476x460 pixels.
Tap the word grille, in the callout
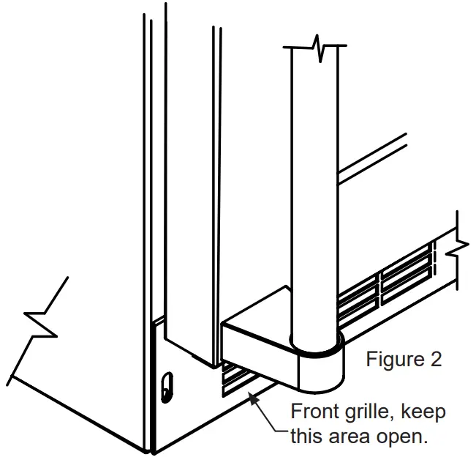pyautogui.click(x=370, y=412)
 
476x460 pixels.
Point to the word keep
pyautogui.click(x=423, y=412)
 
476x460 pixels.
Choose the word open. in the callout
pyautogui.click(x=403, y=437)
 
